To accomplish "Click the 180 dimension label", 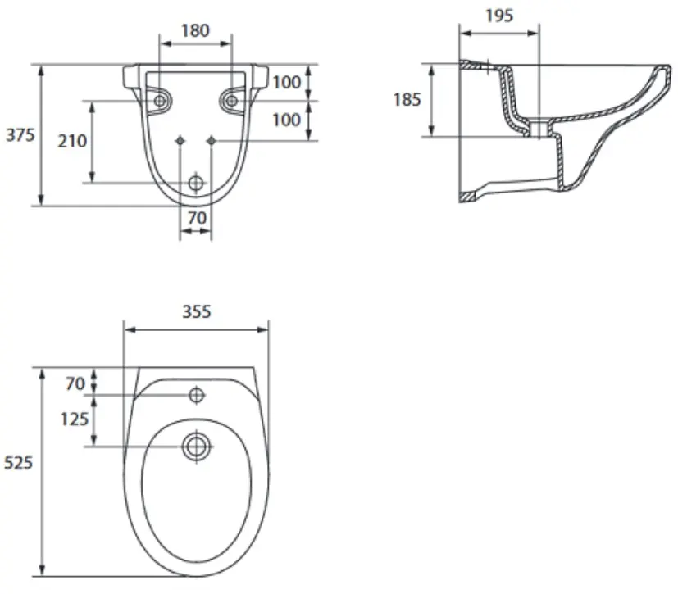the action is pyautogui.click(x=195, y=30).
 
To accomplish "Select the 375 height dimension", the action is pyautogui.click(x=20, y=135).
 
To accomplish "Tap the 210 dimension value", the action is pyautogui.click(x=72, y=141).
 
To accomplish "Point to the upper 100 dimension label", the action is pyautogui.click(x=286, y=82).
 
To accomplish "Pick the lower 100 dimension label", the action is pyautogui.click(x=286, y=120).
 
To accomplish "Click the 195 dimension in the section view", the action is pyautogui.click(x=499, y=16).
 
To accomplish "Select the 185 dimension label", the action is pyautogui.click(x=407, y=100).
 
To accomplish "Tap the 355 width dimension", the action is pyautogui.click(x=197, y=311).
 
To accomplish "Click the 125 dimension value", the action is pyautogui.click(x=75, y=419).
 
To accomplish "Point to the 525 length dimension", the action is pyautogui.click(x=18, y=463).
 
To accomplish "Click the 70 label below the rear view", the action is pyautogui.click(x=197, y=218).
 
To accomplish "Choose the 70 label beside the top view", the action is pyautogui.click(x=75, y=383).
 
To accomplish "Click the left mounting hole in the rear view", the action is pyautogui.click(x=160, y=101).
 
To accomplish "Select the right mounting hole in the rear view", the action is pyautogui.click(x=232, y=101).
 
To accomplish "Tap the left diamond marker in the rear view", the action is pyautogui.click(x=180, y=141).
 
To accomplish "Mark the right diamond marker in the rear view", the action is pyautogui.click(x=211, y=141).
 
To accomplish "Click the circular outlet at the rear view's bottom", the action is pyautogui.click(x=196, y=184).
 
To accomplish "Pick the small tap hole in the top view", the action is pyautogui.click(x=197, y=395).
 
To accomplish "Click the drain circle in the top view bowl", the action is pyautogui.click(x=197, y=447).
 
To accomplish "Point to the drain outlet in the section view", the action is pyautogui.click(x=539, y=129).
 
